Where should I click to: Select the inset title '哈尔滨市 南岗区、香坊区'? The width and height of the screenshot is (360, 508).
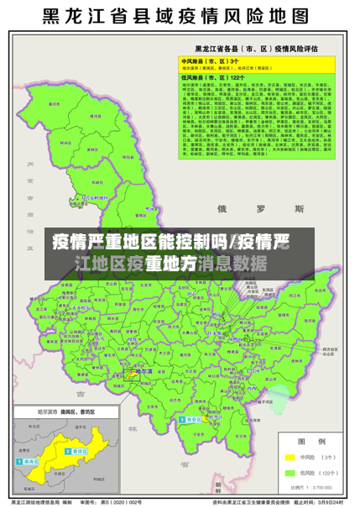[66, 412]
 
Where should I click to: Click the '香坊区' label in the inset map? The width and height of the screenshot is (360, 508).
[81, 450]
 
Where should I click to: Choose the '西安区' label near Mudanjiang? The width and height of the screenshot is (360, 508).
[195, 419]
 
